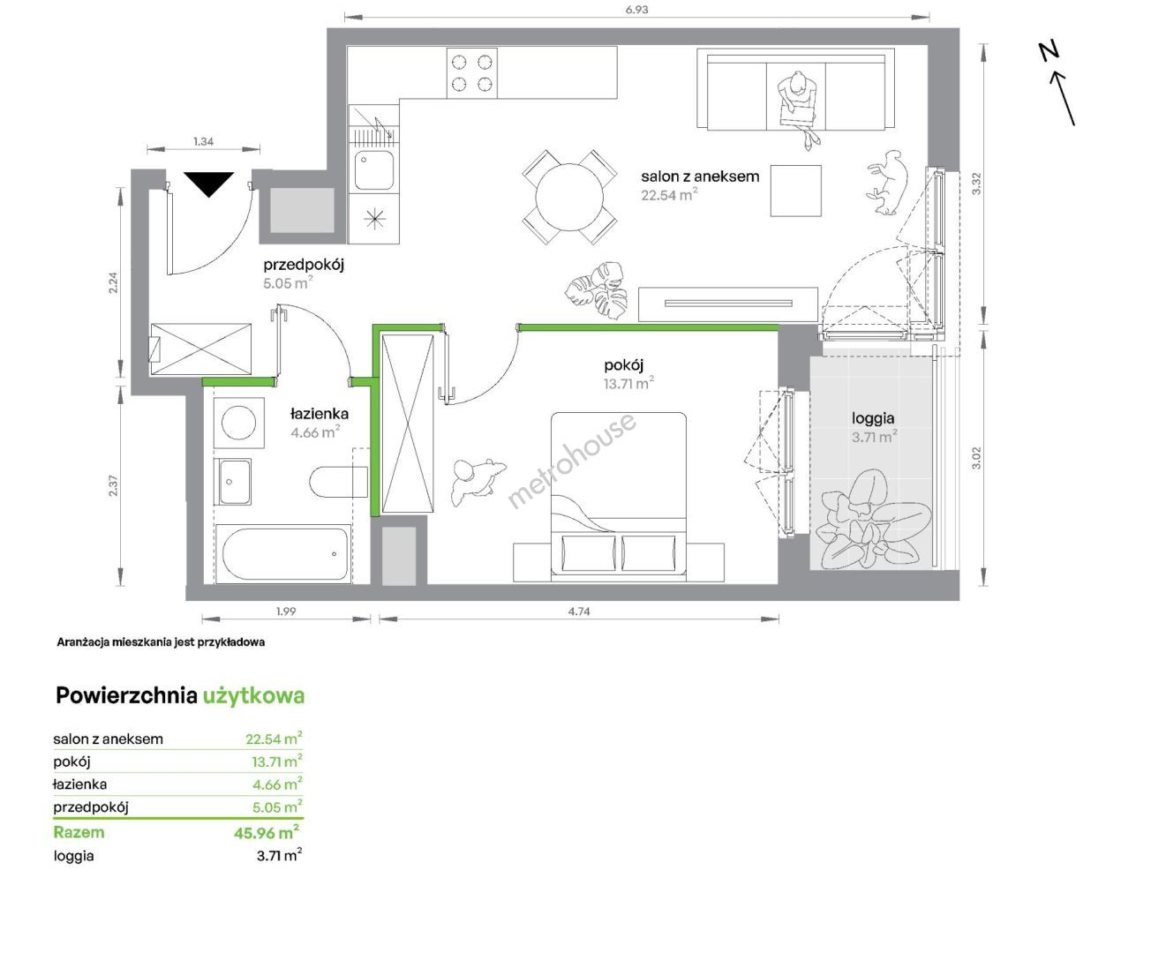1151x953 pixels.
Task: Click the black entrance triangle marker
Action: coord(209,184)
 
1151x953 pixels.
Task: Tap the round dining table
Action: coord(569,197)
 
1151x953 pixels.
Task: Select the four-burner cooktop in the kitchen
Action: coord(472,72)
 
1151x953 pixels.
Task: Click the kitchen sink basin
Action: coord(373,169)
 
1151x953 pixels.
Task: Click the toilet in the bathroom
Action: coord(338,483)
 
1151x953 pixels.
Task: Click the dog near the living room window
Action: coord(886,182)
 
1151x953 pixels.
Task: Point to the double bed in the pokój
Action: coord(619,496)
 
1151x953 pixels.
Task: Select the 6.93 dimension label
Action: coord(636,10)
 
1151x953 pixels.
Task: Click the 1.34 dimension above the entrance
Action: coord(203,142)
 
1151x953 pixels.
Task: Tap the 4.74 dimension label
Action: coord(579,612)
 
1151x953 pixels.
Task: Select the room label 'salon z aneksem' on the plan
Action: coord(700,176)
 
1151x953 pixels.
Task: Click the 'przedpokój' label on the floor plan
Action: coord(304,265)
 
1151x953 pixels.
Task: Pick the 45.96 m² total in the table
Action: coord(267,832)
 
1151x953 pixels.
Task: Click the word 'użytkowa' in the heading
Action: coord(253,696)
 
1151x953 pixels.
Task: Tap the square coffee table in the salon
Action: coord(795,191)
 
